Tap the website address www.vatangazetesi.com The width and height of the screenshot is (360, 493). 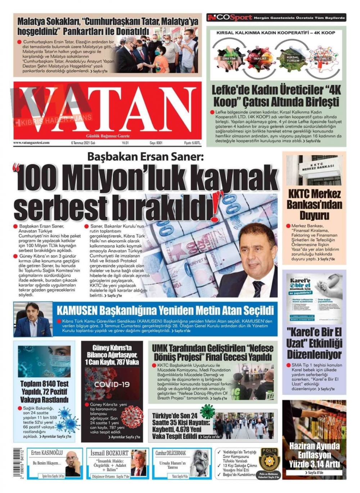click(31, 143)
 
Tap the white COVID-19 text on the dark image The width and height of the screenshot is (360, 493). click(112, 384)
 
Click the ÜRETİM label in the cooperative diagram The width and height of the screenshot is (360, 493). click(229, 58)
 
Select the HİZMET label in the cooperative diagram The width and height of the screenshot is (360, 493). click(323, 58)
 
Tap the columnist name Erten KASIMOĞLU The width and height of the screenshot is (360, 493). click(47, 453)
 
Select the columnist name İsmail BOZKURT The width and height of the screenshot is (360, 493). click(109, 453)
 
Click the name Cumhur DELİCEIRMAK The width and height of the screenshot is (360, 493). click(171, 453)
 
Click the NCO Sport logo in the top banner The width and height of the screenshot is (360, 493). click(230, 17)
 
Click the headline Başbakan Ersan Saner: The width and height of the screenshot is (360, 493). click(145, 157)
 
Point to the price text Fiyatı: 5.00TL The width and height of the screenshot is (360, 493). click(193, 143)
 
